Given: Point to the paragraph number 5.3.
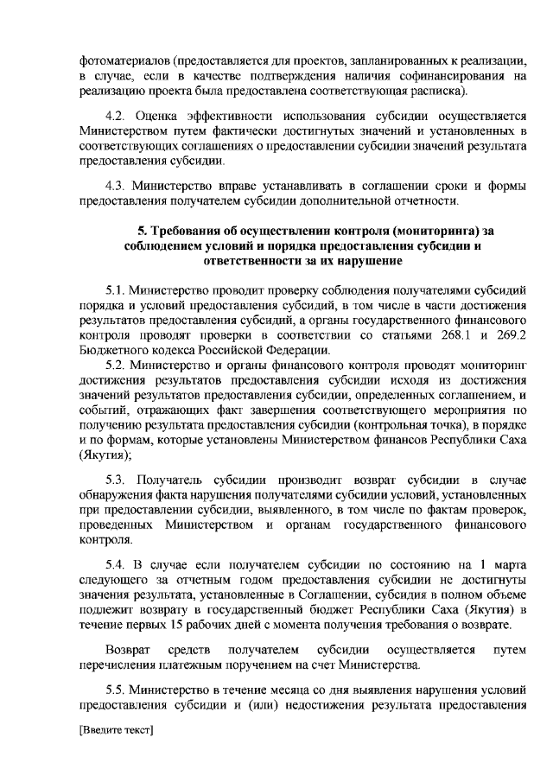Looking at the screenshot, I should (x=115, y=479).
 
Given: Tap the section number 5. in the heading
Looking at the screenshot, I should (x=143, y=230).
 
